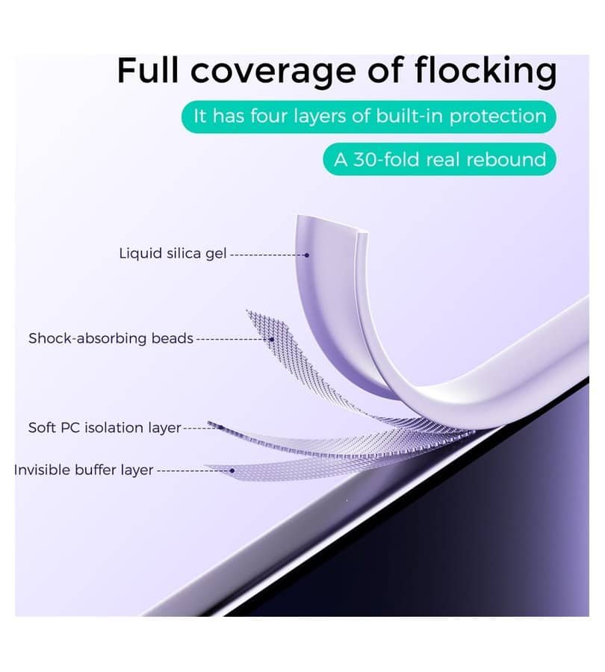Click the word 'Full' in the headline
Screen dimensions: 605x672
(x=147, y=70)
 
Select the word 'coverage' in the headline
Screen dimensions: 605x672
(x=273, y=73)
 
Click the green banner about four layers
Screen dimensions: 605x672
(x=369, y=116)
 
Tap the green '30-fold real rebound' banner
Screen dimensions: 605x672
(x=439, y=160)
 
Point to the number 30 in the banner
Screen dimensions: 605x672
(x=365, y=160)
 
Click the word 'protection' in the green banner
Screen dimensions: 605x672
(x=497, y=117)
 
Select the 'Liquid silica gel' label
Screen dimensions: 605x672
(x=173, y=253)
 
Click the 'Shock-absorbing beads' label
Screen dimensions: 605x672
(x=111, y=338)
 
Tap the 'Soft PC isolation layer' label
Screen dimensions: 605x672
(x=105, y=428)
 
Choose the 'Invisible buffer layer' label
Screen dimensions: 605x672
(x=84, y=470)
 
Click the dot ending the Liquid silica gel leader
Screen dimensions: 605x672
(x=307, y=255)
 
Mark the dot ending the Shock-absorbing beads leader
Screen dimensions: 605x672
(x=272, y=340)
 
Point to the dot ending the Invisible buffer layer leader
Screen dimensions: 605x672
(x=232, y=470)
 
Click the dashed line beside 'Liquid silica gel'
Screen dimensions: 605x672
(x=267, y=255)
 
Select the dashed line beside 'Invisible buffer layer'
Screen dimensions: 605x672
(x=193, y=470)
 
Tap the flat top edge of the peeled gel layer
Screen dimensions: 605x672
(x=331, y=224)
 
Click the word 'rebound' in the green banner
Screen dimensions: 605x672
(x=506, y=160)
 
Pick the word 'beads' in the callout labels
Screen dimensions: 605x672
(x=173, y=338)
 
